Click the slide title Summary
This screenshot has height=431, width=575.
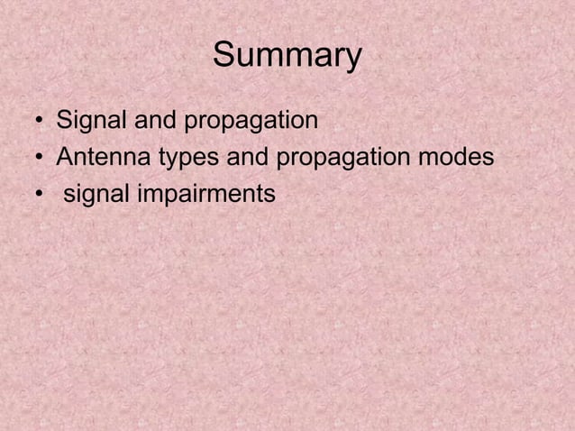(287, 58)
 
